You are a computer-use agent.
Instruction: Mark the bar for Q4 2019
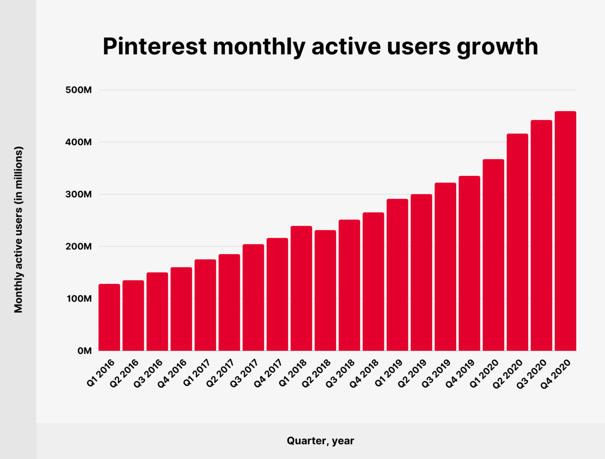click(x=469, y=263)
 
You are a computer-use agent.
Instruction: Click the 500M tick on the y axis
click(x=78, y=90)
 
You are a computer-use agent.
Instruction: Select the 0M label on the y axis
click(x=84, y=351)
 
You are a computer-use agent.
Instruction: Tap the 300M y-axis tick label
click(x=78, y=194)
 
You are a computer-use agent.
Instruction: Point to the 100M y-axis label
click(x=79, y=299)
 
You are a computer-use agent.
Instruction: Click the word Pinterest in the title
click(x=154, y=47)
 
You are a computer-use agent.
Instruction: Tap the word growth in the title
click(x=497, y=47)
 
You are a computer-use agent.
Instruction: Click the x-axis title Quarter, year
click(x=320, y=441)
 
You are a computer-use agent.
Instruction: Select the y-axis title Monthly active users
click(x=19, y=230)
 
